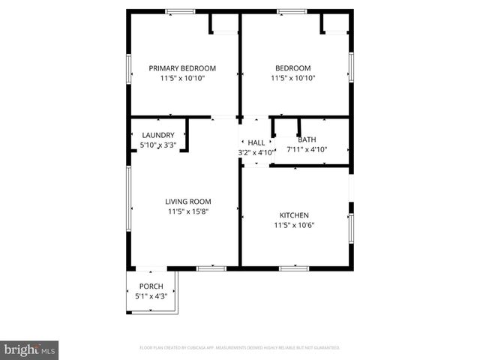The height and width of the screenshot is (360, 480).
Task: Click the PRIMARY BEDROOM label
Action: coord(182,67)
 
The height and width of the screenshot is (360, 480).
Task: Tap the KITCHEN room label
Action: coord(294,215)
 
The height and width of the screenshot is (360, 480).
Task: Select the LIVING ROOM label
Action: coord(188,201)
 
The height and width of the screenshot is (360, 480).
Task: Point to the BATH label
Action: coord(307,139)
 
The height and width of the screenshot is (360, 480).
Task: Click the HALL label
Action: coord(256,142)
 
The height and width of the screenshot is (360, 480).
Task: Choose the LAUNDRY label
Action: coord(158,135)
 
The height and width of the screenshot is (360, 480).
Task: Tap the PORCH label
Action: coord(151,286)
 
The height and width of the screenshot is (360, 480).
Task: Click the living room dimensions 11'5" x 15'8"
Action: coord(188,211)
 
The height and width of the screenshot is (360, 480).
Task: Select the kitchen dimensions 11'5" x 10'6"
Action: coord(294,225)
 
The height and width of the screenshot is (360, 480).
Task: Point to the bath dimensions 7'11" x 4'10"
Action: coord(307,150)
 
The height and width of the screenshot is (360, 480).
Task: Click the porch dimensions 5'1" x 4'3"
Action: coord(151,296)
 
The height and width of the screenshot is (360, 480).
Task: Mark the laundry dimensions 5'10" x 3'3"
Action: coord(158,145)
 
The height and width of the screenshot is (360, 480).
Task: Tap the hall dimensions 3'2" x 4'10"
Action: coord(256,152)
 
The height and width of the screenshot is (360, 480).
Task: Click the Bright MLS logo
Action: coord(30,349)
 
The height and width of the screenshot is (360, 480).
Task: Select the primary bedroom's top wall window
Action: coord(180,11)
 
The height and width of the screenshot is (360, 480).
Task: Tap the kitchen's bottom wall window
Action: coord(293,268)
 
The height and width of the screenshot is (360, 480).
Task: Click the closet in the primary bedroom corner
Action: coord(224,23)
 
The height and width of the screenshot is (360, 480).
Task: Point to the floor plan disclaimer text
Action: coord(240,348)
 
